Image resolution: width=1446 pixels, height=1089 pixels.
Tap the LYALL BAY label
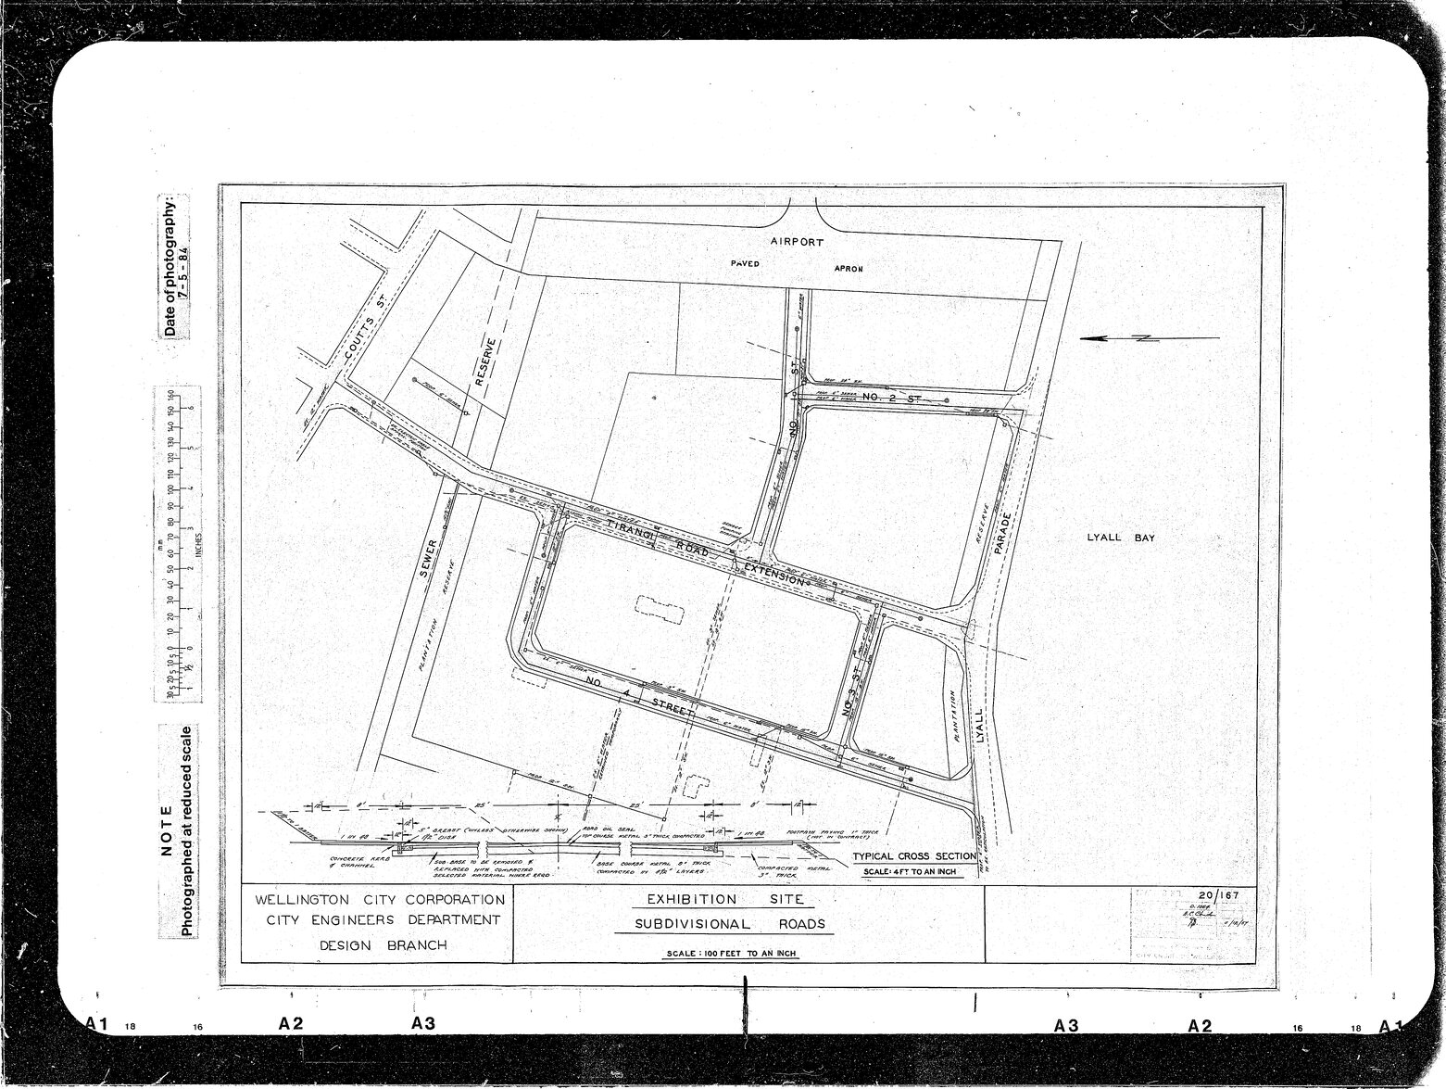tap(1121, 538)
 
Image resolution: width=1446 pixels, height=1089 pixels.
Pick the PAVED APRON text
tap(797, 267)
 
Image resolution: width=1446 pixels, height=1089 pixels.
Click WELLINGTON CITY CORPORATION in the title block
tap(380, 900)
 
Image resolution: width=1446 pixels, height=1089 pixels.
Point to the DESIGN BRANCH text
tap(383, 945)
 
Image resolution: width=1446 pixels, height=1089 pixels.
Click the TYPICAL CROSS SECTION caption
tap(914, 856)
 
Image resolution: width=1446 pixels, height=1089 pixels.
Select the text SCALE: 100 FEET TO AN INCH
tap(732, 954)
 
